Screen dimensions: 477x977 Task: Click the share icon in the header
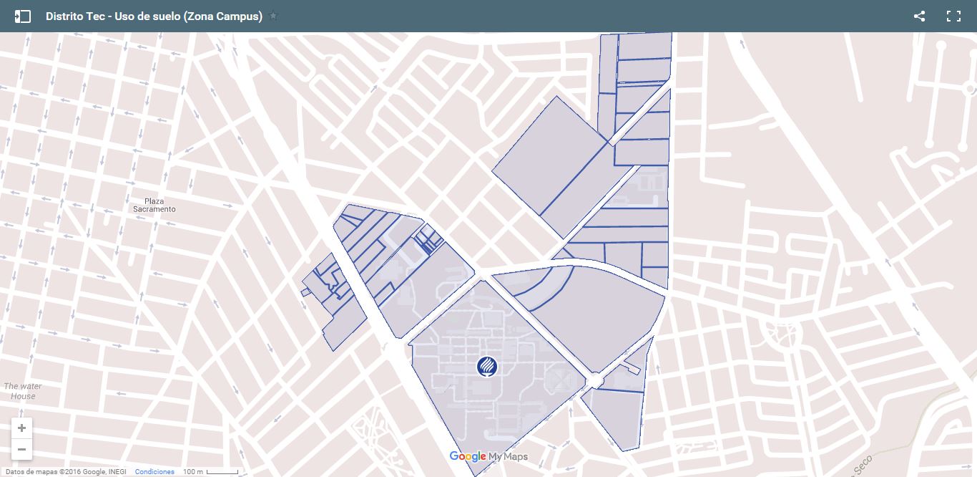tap(919, 16)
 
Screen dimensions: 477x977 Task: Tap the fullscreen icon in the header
tap(953, 16)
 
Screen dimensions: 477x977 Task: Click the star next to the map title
tap(273, 16)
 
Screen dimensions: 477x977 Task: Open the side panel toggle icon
tap(22, 16)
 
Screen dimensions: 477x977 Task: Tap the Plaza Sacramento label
tap(154, 206)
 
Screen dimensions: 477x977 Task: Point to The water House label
tap(23, 391)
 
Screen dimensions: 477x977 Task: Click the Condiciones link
tap(154, 472)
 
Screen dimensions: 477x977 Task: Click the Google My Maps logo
tap(488, 457)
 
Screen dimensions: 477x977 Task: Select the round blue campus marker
tap(486, 366)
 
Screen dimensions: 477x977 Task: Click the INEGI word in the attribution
tap(116, 472)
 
